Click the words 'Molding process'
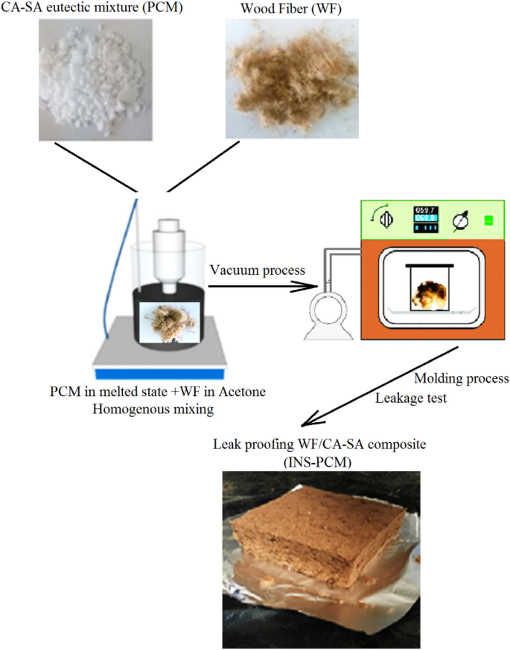[x=461, y=379]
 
